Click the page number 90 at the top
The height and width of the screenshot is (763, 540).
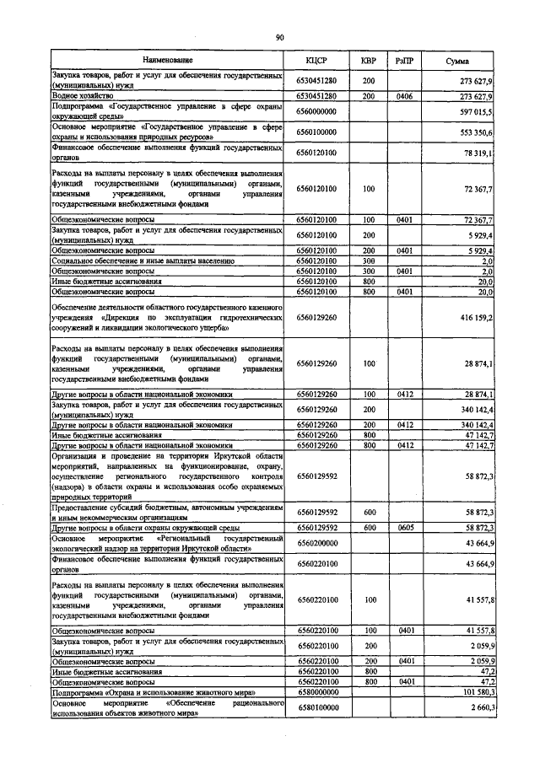point(278,36)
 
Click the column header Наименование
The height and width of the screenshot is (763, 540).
point(167,61)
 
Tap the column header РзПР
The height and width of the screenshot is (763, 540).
point(404,61)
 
